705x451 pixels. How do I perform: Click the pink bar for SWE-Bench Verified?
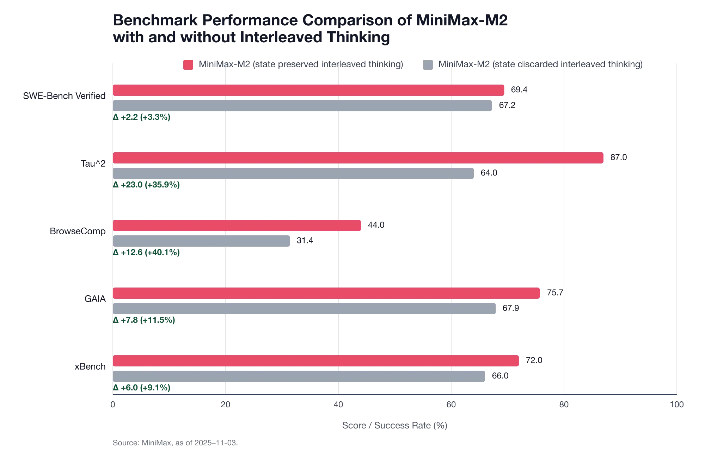click(308, 90)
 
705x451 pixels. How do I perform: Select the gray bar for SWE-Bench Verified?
click(303, 106)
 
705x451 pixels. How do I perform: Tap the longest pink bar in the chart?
click(358, 158)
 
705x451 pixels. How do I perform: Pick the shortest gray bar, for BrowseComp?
click(201, 241)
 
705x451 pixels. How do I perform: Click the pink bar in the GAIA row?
click(327, 293)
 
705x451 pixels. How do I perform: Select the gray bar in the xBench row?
click(299, 377)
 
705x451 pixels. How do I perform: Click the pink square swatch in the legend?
click(189, 65)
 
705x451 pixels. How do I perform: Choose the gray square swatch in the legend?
click(428, 65)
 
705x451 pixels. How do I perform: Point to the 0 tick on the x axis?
click(113, 405)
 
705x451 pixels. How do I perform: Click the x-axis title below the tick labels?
click(394, 426)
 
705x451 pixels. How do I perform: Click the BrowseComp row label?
click(77, 232)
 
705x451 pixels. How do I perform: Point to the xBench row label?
click(90, 367)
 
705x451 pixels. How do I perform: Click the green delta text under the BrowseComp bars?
click(147, 253)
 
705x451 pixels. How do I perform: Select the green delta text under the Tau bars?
click(147, 185)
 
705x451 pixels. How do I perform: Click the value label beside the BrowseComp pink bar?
click(376, 224)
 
